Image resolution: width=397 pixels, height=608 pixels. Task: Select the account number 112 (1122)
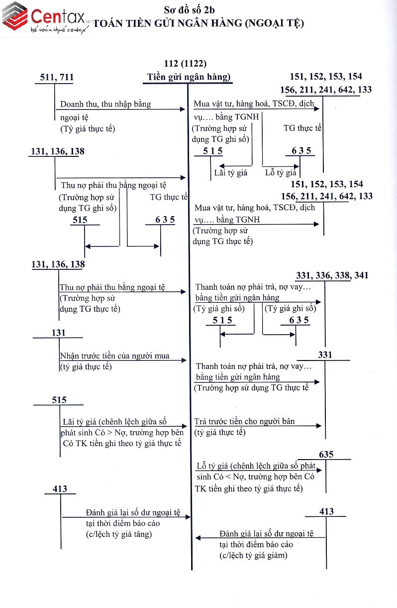coord(185,64)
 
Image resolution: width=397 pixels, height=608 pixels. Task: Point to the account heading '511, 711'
coord(57,77)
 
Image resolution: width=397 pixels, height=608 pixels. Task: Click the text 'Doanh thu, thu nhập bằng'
coord(105,105)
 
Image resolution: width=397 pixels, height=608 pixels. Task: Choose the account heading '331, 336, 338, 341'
coord(332,275)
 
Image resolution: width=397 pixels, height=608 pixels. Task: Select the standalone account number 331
coord(325,355)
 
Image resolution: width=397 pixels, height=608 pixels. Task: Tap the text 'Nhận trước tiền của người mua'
coord(114,356)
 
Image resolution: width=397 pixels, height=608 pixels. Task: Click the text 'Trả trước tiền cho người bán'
coord(245,421)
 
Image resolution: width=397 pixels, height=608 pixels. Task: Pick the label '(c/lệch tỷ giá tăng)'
coord(119,534)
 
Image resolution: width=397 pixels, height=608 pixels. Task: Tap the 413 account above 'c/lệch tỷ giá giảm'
coord(327,511)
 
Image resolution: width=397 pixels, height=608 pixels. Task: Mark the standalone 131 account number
coord(58,333)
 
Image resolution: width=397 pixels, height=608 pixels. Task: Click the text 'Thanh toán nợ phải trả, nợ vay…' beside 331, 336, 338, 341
coord(253,288)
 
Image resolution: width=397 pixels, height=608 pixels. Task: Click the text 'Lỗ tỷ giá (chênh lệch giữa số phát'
coord(256,466)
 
